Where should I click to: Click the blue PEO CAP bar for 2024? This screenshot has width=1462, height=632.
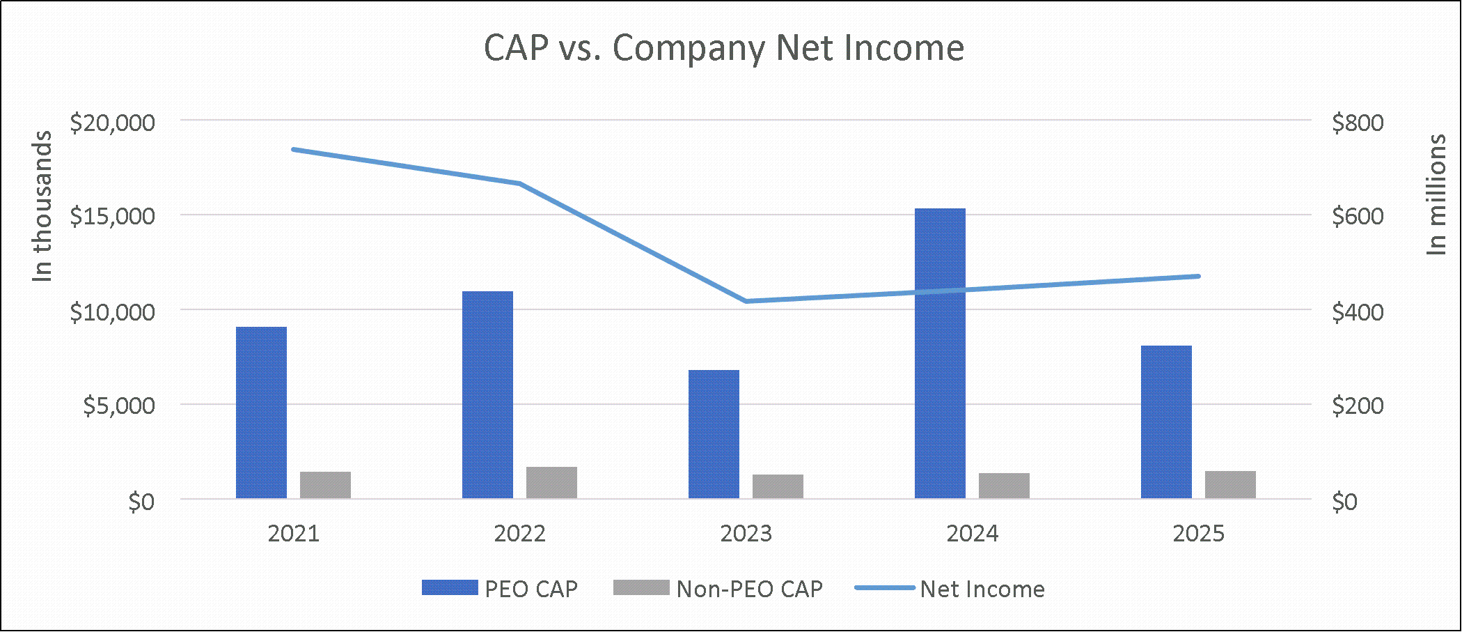tap(940, 353)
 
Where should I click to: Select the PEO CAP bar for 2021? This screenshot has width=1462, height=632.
tap(261, 413)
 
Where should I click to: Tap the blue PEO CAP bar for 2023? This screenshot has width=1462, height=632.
tap(714, 434)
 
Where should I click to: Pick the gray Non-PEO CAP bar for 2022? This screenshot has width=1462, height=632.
tap(551, 483)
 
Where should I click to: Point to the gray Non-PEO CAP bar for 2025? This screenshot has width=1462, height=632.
tap(1230, 485)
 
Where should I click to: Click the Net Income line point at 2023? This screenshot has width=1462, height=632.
tap(746, 301)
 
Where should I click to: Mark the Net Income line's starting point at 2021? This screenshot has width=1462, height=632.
tap(294, 149)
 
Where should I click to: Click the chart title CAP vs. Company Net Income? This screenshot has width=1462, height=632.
tap(724, 48)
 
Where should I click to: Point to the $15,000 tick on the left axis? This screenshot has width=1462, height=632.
tap(112, 216)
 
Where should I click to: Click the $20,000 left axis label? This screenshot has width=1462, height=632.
tap(112, 122)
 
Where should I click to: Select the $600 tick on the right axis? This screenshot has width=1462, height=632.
tap(1358, 216)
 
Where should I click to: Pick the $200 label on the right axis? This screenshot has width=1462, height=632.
tap(1358, 405)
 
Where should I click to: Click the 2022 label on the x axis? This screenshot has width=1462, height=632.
tap(519, 534)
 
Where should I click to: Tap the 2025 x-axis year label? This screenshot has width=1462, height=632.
tap(1198, 534)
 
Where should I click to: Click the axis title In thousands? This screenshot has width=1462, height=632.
tap(42, 206)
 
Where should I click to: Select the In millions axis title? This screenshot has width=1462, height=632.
tap(1437, 195)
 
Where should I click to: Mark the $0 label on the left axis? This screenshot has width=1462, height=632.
tap(141, 501)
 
